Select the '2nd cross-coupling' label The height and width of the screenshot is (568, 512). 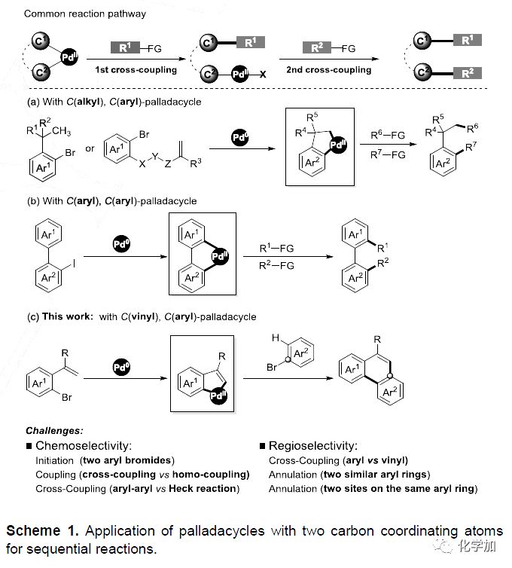tap(328, 70)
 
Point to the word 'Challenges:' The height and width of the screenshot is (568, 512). tap(55, 431)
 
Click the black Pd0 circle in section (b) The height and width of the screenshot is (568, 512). tap(119, 245)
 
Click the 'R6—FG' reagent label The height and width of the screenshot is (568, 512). tap(389, 135)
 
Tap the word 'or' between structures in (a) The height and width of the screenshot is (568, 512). tap(90, 148)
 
